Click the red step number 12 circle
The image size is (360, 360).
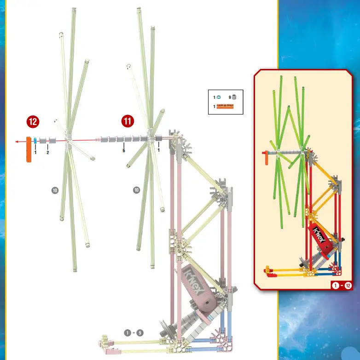coord(33,122)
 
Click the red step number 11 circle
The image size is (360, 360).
coord(128,121)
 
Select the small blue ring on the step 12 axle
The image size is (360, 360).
coord(35,141)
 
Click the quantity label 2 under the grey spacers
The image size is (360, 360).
coord(47,152)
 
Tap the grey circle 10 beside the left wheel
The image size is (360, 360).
coord(55,189)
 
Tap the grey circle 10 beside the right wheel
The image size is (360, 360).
coord(136,189)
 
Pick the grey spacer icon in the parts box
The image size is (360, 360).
coord(234,97)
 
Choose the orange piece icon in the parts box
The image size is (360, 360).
coord(225,107)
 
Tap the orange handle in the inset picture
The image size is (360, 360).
coord(267,159)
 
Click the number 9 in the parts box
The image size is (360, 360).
coord(229,97)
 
